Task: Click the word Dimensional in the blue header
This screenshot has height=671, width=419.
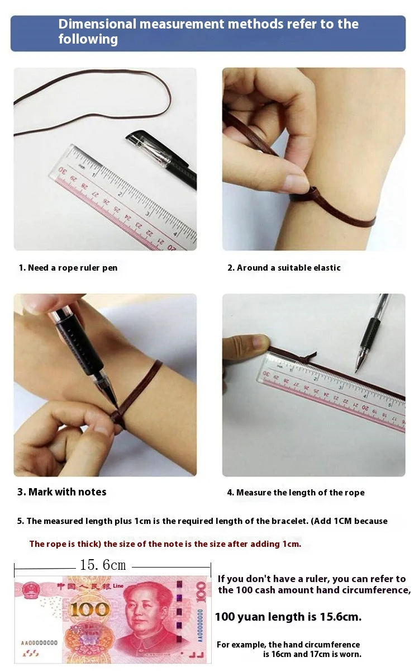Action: [x=97, y=24]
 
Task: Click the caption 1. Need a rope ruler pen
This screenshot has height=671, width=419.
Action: [x=68, y=268]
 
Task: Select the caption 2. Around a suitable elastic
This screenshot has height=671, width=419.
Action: [x=284, y=268]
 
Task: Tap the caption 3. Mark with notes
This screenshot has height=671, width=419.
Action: [x=62, y=492]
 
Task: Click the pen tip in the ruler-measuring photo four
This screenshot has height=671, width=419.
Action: [x=357, y=370]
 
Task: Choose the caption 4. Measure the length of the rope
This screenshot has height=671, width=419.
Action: [x=296, y=493]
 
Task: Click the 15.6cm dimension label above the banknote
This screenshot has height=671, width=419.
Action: [x=103, y=565]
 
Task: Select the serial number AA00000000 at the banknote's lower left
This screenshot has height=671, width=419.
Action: [x=39, y=642]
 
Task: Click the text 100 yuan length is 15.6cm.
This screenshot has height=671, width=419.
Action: [x=288, y=616]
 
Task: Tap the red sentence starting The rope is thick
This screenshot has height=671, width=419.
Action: [x=165, y=544]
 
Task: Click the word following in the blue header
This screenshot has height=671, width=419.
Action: [x=88, y=40]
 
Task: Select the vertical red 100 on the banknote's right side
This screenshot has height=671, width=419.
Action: [x=201, y=592]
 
